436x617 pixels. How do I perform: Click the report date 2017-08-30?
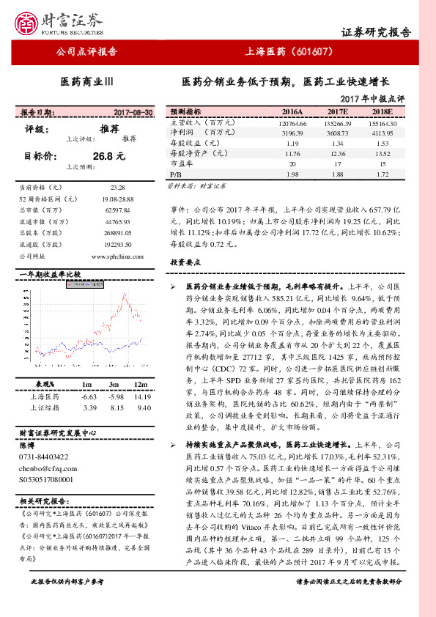coord(133,113)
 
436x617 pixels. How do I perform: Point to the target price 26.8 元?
coord(109,156)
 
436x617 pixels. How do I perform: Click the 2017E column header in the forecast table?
coord(337,111)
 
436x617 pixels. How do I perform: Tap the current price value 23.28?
coord(117,188)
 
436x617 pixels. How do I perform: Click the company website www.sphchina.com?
coord(117,256)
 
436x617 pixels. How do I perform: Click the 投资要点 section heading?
coord(185,262)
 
